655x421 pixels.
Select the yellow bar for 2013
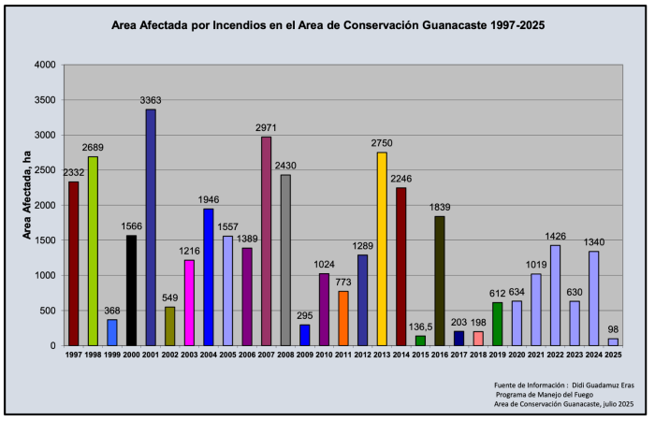[382, 249]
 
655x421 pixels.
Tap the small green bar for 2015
[420, 341]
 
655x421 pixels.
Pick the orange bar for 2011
[343, 318]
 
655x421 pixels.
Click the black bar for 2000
[131, 290]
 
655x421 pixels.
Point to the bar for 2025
[613, 341]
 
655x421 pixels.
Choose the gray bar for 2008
[285, 260]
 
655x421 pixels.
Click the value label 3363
[151, 100]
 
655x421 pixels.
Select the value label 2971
[266, 128]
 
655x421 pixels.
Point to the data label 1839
[440, 207]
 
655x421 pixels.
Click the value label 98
[614, 329]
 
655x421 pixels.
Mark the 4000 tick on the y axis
[45, 65]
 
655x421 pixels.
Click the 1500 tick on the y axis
[45, 240]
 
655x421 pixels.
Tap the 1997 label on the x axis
[73, 356]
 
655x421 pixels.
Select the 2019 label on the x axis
[497, 356]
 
